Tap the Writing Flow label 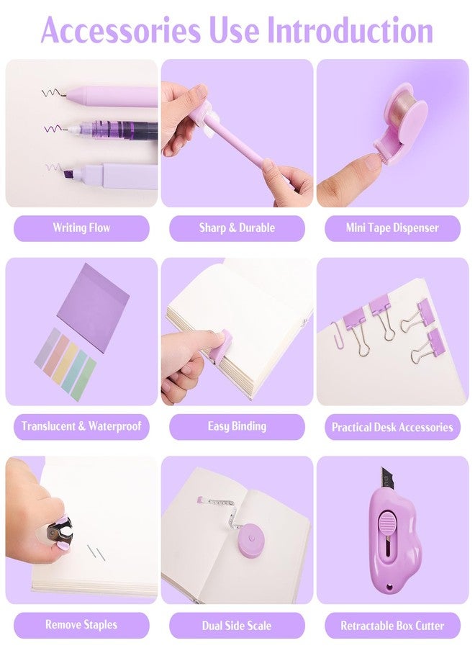click(x=81, y=228)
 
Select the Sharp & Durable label click(x=237, y=228)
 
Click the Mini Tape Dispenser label click(x=392, y=228)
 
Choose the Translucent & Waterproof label click(x=81, y=426)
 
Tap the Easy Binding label click(x=237, y=426)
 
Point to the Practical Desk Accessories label click(x=392, y=426)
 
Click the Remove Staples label click(x=81, y=625)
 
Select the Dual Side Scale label click(x=237, y=625)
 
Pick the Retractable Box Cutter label click(x=392, y=625)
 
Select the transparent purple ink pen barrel click(x=124, y=130)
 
